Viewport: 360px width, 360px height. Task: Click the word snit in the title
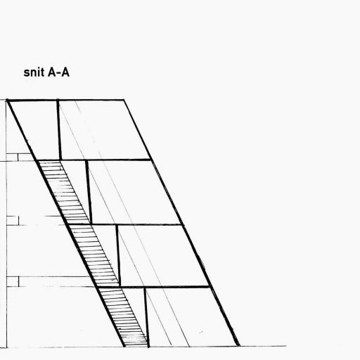tap(34, 72)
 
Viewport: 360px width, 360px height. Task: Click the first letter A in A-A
tap(51, 72)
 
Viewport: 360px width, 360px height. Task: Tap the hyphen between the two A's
tap(58, 73)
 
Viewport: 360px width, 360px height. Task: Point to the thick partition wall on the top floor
tap(59, 130)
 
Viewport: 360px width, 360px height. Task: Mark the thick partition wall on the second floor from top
tap(89, 192)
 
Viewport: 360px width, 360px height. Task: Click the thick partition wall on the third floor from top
tap(118, 255)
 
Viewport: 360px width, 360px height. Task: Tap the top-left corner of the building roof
tap(7, 101)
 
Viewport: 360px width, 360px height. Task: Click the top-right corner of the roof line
tap(124, 100)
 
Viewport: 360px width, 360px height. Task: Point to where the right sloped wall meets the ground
tap(238, 345)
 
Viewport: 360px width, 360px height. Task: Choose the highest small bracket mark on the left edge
tap(12, 157)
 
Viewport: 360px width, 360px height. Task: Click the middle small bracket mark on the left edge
tap(13, 221)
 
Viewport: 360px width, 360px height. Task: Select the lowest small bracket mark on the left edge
tap(13, 281)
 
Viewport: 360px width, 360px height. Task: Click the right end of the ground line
tap(285, 346)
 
